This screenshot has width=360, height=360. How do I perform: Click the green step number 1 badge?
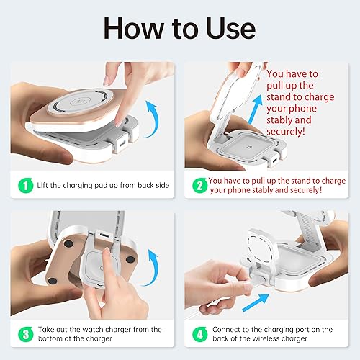tap(25, 185)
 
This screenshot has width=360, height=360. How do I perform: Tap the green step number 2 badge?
tap(199, 185)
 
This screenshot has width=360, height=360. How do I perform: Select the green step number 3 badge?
tap(25, 334)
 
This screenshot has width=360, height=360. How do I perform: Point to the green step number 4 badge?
tap(199, 334)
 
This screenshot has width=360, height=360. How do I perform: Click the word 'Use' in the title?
tap(231, 28)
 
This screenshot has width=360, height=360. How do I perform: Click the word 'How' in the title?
tap(134, 28)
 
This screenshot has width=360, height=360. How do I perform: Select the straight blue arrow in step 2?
tap(255, 109)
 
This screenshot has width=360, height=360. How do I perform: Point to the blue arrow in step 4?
tap(256, 302)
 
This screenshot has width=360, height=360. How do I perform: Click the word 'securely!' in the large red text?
tap(286, 132)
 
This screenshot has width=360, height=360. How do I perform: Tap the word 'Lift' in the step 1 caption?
tap(42, 185)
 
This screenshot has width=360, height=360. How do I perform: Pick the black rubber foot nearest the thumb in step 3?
tap(53, 281)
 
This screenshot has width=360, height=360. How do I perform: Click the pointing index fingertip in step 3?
tap(107, 251)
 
